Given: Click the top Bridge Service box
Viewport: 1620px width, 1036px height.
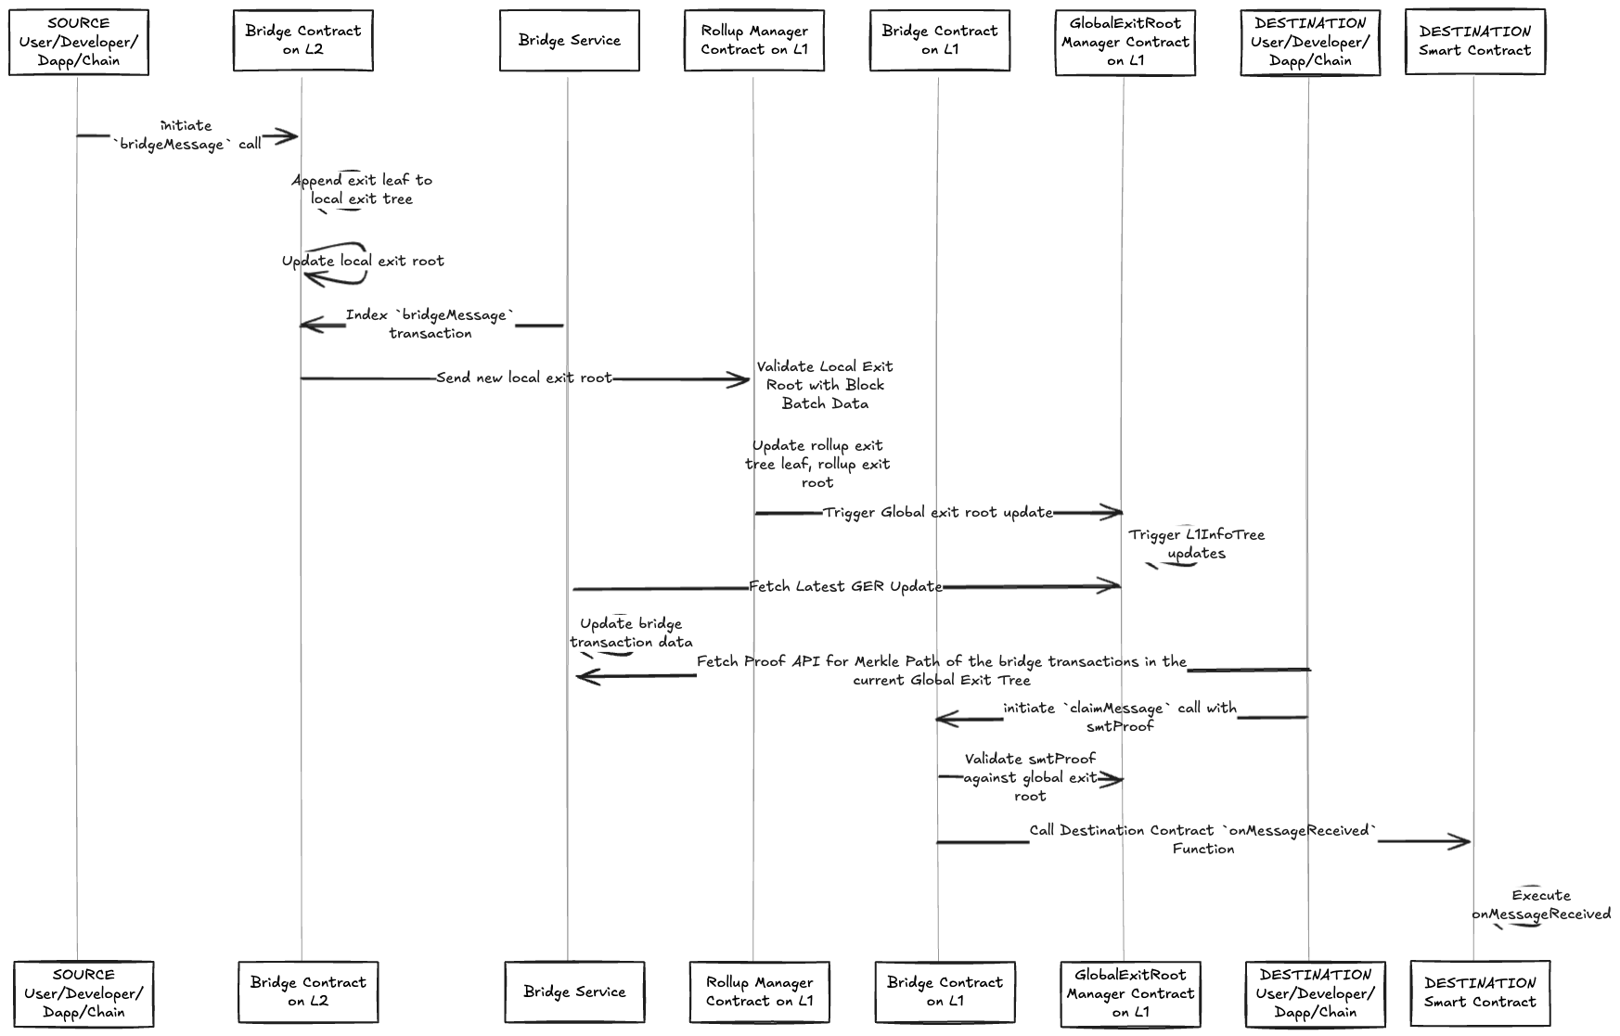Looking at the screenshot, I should pos(569,41).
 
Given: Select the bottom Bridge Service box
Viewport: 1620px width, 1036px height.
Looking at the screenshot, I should pos(574,991).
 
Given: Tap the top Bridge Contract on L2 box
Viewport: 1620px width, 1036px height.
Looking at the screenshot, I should pos(302,40).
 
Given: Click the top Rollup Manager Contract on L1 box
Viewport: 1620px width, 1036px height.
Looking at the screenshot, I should pos(753,41).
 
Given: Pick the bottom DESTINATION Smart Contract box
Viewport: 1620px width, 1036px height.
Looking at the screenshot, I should pos(1480,992).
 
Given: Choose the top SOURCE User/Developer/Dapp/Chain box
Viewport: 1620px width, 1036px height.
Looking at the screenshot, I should pos(79,42).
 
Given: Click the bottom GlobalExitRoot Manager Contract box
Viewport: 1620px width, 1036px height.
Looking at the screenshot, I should pos(1130,993).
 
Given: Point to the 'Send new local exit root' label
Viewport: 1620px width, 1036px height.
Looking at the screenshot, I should pos(524,378).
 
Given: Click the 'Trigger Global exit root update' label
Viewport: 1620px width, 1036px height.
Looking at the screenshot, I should pos(938,513).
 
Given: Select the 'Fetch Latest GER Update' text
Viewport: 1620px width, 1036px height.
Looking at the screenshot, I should pos(845,587).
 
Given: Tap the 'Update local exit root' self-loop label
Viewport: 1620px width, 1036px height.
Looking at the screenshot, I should pos(363,262).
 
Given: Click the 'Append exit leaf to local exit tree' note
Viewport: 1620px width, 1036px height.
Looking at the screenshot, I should pos(362,189).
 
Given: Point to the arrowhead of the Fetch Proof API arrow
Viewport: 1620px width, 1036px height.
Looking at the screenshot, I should pos(584,677).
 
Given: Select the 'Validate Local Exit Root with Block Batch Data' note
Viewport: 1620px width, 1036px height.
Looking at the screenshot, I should pos(825,385).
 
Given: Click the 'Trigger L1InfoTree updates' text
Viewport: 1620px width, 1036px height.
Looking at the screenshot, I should pos(1196,544).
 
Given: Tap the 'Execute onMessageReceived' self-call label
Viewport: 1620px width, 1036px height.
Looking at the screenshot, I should pos(1541,905).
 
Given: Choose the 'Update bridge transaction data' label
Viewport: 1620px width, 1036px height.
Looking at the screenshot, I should pos(631,633).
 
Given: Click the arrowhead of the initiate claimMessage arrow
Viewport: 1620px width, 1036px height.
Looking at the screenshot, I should pos(943,719).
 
